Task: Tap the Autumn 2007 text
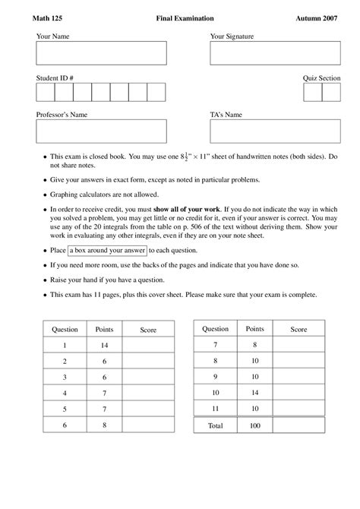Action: (x=319, y=17)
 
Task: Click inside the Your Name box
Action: (x=101, y=54)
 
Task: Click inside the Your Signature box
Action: (x=275, y=54)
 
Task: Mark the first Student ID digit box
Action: (x=45, y=92)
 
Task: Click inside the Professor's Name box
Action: (x=101, y=131)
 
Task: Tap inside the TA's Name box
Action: (x=275, y=131)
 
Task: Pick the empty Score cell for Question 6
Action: (x=149, y=425)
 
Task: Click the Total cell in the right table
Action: (x=215, y=426)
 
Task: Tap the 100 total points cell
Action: (x=254, y=426)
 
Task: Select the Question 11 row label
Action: (x=215, y=409)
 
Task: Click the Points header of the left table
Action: (x=105, y=329)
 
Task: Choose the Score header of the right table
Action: (x=299, y=329)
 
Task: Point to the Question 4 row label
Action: (x=65, y=393)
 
